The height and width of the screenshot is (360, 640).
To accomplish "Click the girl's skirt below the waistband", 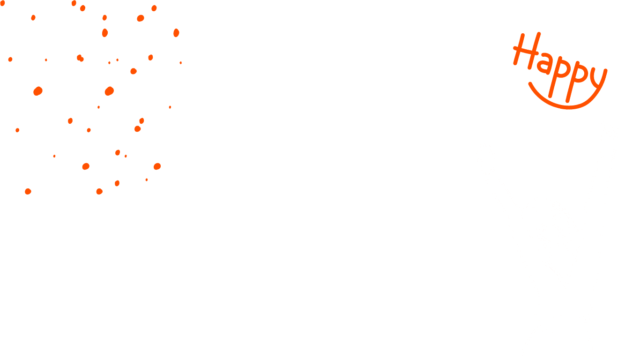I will (x=558, y=345).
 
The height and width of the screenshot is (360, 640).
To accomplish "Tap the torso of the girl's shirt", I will (x=562, y=300).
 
